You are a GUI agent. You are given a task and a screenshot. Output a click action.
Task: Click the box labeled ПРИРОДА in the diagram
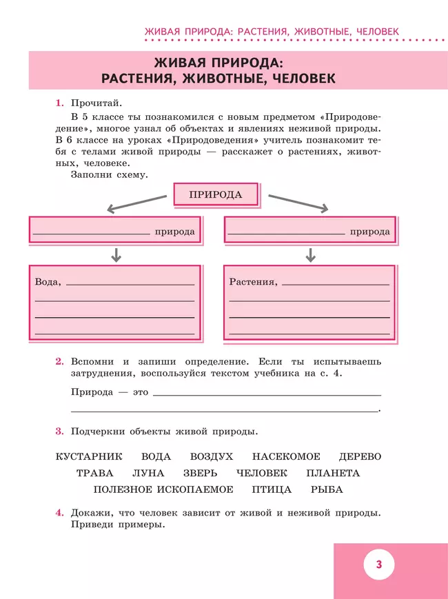click(216, 194)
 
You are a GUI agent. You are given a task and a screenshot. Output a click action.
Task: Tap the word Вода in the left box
click(47, 282)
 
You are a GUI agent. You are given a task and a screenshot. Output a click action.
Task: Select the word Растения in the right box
click(252, 282)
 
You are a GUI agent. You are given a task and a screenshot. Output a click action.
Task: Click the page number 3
click(379, 565)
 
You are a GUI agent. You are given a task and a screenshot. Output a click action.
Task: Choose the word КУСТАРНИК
click(88, 456)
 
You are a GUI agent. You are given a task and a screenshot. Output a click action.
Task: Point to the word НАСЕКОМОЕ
click(286, 456)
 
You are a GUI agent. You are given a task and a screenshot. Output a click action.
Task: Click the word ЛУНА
click(148, 473)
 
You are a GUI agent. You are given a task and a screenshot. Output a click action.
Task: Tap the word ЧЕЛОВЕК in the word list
click(261, 473)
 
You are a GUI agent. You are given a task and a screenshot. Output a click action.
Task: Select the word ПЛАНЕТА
click(333, 473)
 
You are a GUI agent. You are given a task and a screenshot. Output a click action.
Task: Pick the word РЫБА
click(327, 489)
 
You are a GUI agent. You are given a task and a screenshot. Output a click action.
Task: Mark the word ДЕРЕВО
click(360, 456)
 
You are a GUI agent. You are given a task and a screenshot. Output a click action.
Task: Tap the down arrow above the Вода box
click(116, 255)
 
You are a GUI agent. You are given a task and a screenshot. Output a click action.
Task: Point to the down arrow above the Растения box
click(311, 255)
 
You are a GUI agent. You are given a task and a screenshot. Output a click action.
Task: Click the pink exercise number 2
click(59, 361)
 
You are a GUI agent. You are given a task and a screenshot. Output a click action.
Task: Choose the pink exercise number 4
click(59, 513)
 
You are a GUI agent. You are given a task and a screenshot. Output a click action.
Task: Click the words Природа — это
click(110, 392)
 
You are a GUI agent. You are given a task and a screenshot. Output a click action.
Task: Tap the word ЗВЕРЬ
click(200, 473)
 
